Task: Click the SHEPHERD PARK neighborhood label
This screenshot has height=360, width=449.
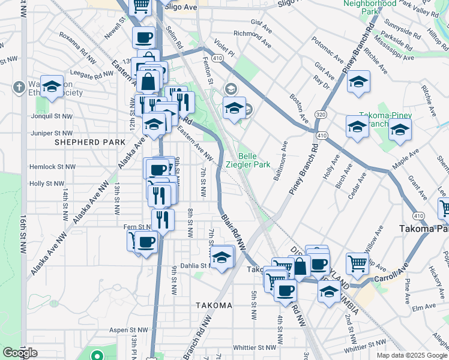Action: (90, 142)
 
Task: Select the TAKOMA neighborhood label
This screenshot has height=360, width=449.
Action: (214, 305)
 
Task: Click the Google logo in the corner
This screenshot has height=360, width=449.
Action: (20, 353)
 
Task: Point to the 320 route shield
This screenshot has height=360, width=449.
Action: (321, 113)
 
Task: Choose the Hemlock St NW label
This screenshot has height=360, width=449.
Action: (53, 167)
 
